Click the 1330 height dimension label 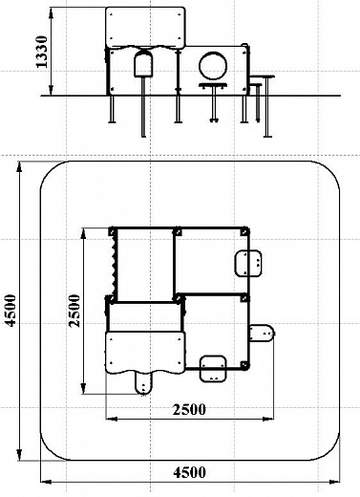(x=42, y=52)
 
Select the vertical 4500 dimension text (x=11, y=310)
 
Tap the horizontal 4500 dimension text (x=190, y=472)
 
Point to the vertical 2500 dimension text (x=75, y=311)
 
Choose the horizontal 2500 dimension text (x=189, y=410)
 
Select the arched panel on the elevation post (x=144, y=64)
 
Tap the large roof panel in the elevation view (x=145, y=28)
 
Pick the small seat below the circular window (x=213, y=85)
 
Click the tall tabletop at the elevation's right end (x=262, y=76)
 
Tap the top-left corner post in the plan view (x=113, y=231)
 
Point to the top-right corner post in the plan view (x=244, y=231)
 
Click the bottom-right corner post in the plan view (x=244, y=365)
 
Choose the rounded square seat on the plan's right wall (x=248, y=263)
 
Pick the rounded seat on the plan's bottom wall (x=213, y=368)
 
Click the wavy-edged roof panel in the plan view (x=145, y=352)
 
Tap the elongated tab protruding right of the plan (x=262, y=333)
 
